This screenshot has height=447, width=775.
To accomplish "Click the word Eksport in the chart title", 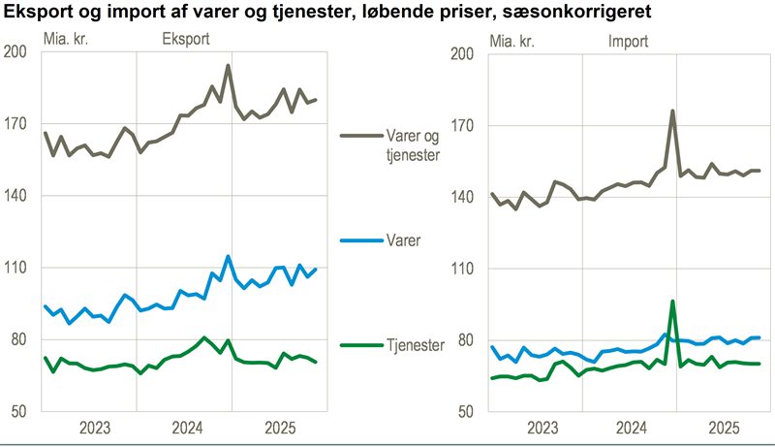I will click(40, 13).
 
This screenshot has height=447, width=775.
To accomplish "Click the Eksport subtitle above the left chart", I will click(183, 41).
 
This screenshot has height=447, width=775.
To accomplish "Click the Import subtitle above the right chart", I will click(629, 41).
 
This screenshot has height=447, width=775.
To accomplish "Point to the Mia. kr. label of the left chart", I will click(70, 41).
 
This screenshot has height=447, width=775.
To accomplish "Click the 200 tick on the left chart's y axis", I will click(16, 52).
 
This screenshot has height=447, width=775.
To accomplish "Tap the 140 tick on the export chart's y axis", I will click(16, 196).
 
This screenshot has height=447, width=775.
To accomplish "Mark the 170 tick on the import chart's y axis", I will click(464, 125).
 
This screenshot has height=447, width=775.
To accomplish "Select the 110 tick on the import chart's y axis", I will click(464, 269).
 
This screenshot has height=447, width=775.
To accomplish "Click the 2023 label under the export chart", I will click(95, 428).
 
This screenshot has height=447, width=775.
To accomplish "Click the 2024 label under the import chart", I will click(631, 428).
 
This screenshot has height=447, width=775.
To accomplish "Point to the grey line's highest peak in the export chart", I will click(228, 66).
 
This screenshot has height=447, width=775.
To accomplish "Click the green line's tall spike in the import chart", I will click(672, 301).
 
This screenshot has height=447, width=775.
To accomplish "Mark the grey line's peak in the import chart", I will click(672, 111).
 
